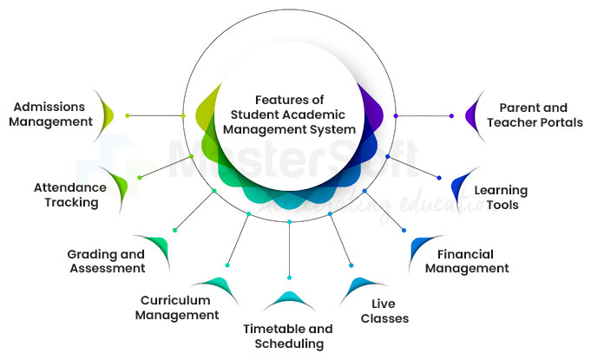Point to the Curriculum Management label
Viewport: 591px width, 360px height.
[177, 308]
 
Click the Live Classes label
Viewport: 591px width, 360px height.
[384, 311]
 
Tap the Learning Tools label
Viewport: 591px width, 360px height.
[501, 197]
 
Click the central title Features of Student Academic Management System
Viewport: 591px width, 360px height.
[289, 115]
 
